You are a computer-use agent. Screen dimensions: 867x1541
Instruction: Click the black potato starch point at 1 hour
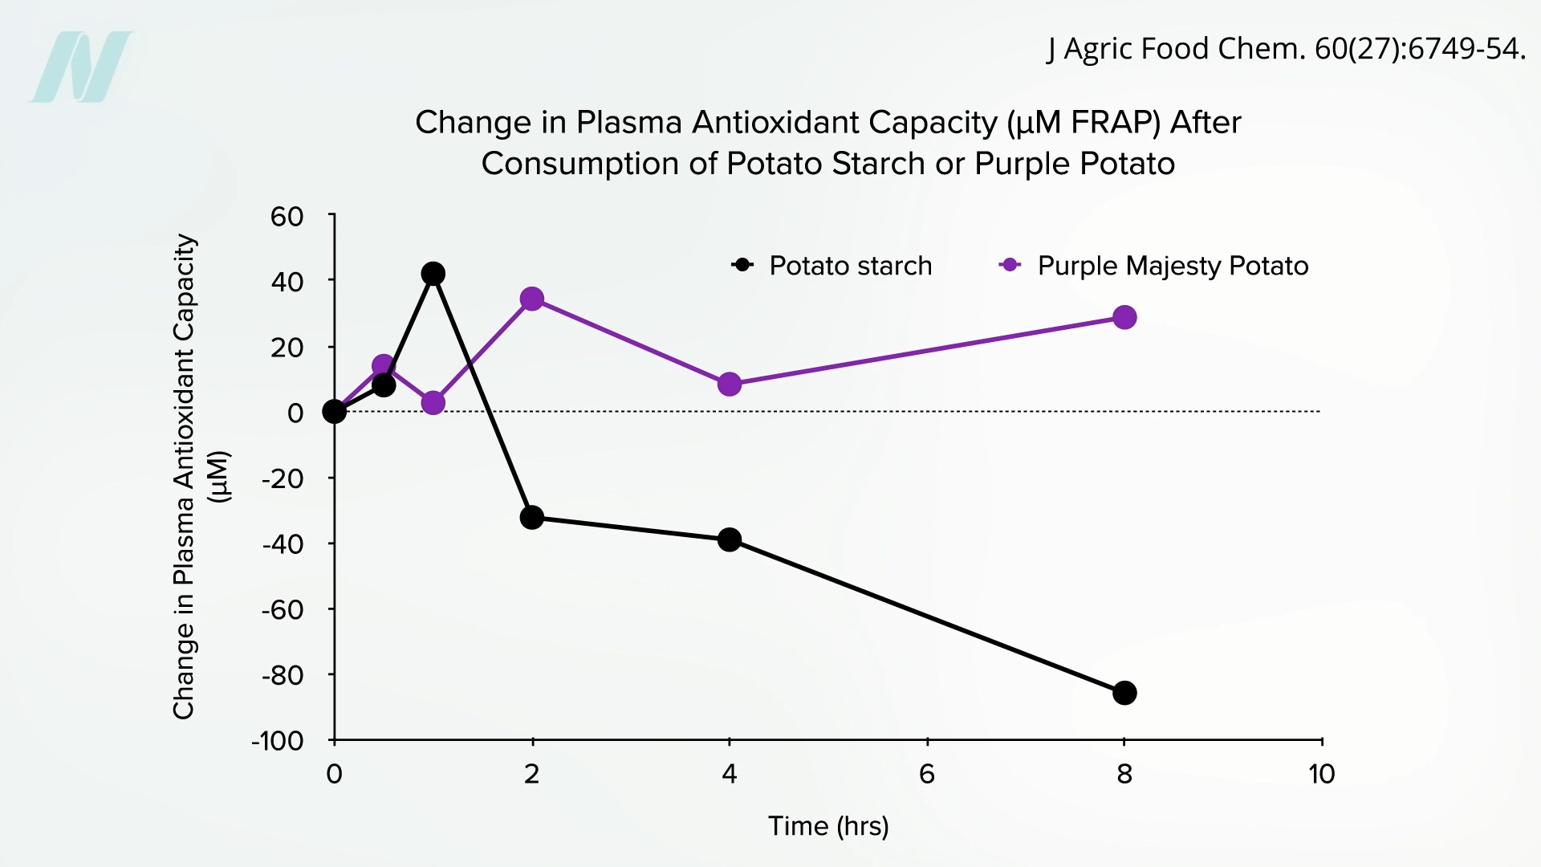pyautogui.click(x=433, y=274)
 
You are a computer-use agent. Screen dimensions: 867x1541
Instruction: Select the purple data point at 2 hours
pyautogui.click(x=531, y=299)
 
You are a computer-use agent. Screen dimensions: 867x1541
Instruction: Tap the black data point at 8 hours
pyautogui.click(x=1124, y=693)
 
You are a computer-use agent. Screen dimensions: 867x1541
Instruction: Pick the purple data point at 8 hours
pyautogui.click(x=1124, y=318)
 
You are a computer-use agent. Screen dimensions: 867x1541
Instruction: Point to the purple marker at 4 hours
pyautogui.click(x=729, y=385)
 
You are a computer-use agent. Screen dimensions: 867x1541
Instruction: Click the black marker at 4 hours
pyautogui.click(x=729, y=539)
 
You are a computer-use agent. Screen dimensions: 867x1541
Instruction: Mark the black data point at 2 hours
pyautogui.click(x=531, y=518)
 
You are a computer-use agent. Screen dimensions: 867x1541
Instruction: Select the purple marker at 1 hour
pyautogui.click(x=433, y=403)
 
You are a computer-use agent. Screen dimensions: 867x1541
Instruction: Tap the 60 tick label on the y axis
pyautogui.click(x=287, y=217)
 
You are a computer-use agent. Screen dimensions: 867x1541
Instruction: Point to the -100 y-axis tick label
pyautogui.click(x=278, y=740)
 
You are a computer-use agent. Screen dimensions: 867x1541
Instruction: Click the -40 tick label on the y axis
pyautogui.click(x=283, y=543)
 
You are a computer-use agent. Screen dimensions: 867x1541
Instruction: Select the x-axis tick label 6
pyautogui.click(x=926, y=774)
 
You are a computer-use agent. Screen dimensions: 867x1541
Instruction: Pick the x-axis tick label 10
pyautogui.click(x=1321, y=774)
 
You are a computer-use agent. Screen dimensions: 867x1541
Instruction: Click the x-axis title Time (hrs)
pyautogui.click(x=828, y=826)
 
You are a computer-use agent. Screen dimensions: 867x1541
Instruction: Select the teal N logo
pyautogui.click(x=81, y=67)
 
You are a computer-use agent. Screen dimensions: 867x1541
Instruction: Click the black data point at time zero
pyautogui.click(x=334, y=412)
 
